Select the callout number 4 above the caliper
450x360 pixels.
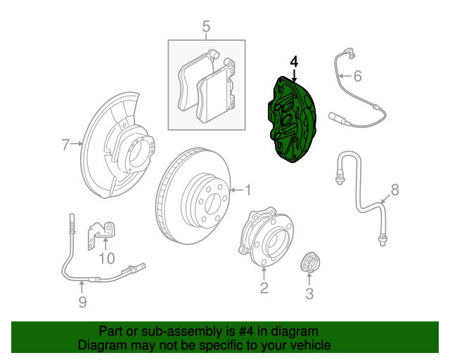coord(294,63)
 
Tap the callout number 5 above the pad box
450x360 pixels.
coord(206,27)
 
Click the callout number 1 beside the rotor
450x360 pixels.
coord(247,189)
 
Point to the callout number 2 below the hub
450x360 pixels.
coord(264,287)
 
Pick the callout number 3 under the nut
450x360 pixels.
coord(309,294)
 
